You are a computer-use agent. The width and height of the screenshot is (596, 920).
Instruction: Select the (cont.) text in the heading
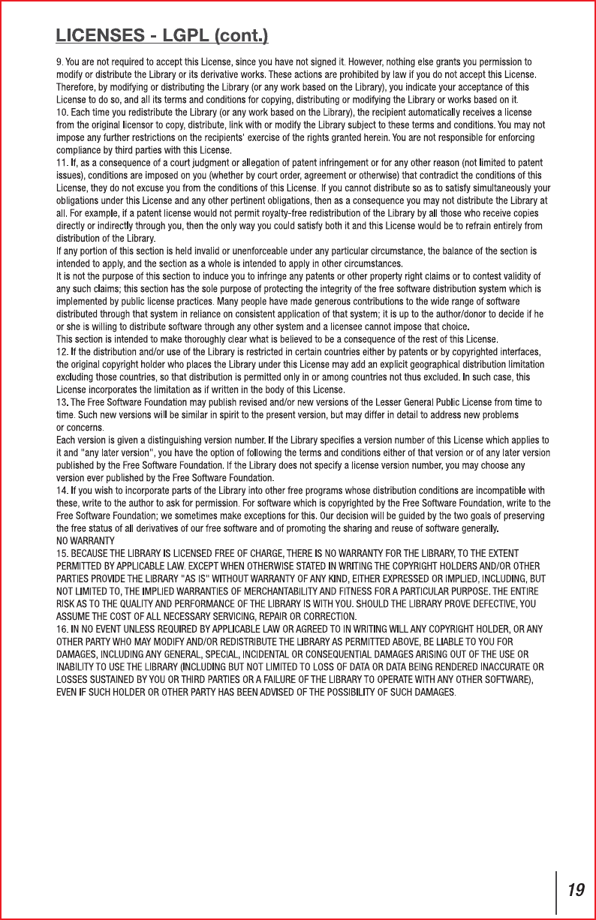pos(242,35)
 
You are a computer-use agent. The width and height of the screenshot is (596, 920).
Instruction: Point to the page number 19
pos(576,891)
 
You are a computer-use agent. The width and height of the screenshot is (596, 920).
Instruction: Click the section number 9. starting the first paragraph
pos(60,61)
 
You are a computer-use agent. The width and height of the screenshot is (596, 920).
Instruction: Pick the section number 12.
pos(63,352)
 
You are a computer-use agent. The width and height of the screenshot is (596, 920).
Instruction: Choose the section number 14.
pos(63,491)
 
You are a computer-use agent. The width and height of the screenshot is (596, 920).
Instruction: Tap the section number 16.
pos(63,628)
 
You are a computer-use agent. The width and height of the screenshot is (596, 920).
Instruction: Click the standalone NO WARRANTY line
pos(86,540)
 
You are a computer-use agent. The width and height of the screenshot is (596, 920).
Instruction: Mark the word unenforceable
pos(242,250)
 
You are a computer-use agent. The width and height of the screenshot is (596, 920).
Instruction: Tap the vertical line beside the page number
pos(556,892)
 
